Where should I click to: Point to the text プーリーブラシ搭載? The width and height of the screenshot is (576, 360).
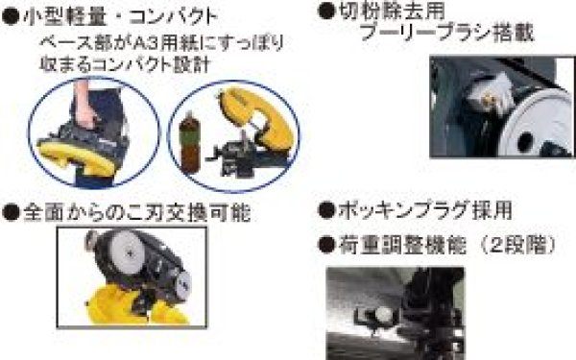[443, 36]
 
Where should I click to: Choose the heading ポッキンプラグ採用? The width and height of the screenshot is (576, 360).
[421, 210]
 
